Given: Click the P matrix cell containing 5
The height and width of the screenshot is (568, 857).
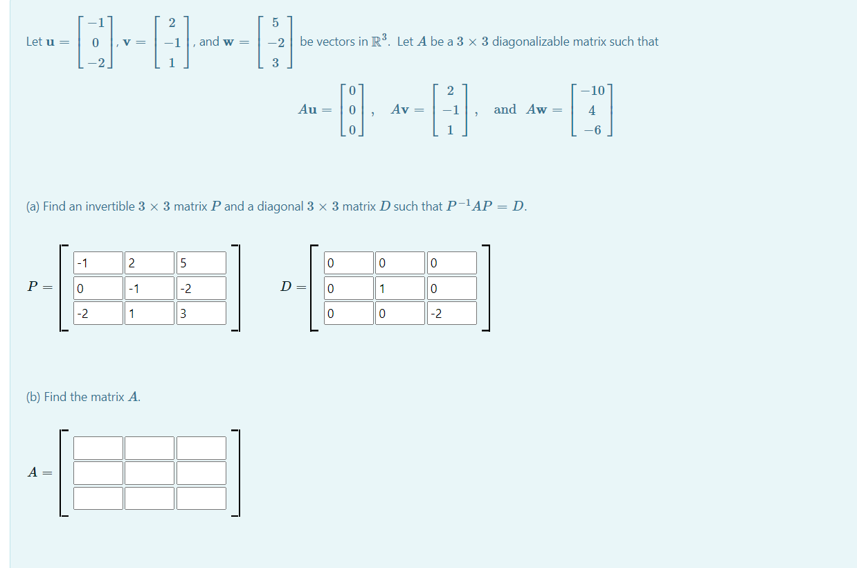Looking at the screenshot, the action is coord(201,263).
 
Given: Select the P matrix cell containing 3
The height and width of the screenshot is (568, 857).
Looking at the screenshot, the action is coord(201,313).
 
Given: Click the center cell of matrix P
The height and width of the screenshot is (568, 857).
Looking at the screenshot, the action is coord(150,288).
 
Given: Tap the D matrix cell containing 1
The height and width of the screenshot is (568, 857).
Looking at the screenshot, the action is coord(400,288).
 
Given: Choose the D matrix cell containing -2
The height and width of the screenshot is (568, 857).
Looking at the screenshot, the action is coord(451,313).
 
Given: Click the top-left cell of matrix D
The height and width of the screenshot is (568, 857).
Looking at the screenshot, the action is coord(349,263).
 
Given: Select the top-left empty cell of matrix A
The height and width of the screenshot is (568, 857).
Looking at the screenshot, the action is coord(98,448).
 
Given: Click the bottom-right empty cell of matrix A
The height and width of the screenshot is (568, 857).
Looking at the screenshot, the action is coord(201,498).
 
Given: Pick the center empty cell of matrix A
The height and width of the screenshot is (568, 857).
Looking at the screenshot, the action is coord(150,473).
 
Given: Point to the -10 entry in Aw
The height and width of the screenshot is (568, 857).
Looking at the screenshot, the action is coord(593,90).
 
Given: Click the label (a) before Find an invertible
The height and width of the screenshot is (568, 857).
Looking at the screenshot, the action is coord(33,206).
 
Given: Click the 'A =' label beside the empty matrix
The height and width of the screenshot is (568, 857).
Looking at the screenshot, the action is coord(39,472).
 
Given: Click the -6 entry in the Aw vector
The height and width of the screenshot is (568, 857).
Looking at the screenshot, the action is coord(593,130).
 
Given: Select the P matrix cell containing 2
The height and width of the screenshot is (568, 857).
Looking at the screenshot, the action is coord(150,263).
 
